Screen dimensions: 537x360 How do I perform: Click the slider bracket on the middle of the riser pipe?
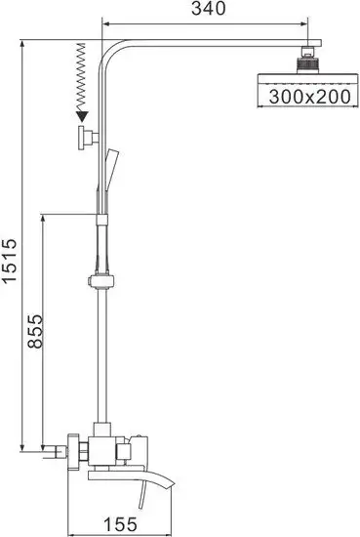100,284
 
